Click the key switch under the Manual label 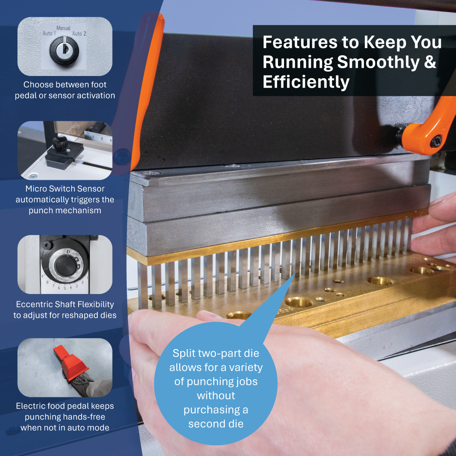click(64, 51)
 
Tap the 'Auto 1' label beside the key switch click(49, 33)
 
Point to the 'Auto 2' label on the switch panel click(79, 34)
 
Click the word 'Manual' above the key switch click(63, 28)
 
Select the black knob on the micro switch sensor click(60, 143)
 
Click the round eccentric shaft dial click(66, 264)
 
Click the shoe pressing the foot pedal click(83, 383)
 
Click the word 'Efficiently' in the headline click(306, 82)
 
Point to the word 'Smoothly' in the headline click(378, 62)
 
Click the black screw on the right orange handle click(436, 141)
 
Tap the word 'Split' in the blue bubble click(183, 354)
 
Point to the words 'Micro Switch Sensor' click(65, 189)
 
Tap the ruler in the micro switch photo click(98, 137)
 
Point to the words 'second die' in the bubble click(216, 424)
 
